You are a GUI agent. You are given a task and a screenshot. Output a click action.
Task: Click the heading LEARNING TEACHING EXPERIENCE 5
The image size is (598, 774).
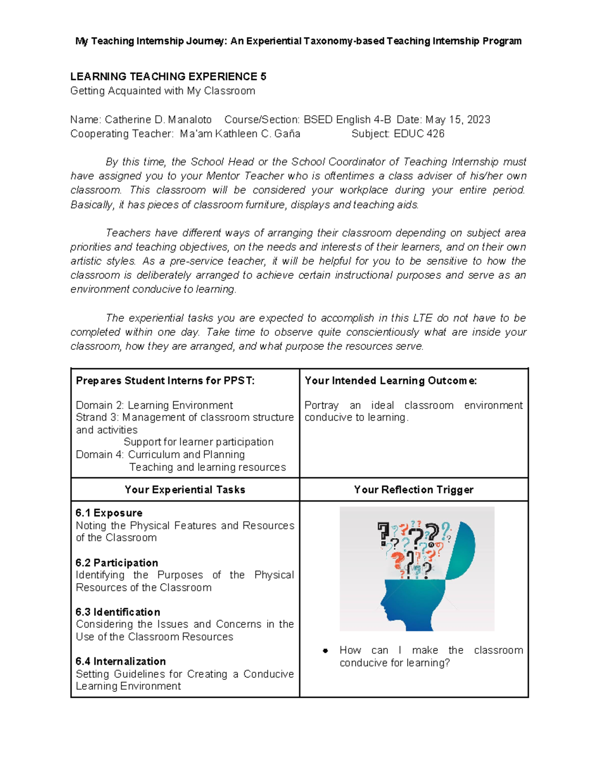click(168, 77)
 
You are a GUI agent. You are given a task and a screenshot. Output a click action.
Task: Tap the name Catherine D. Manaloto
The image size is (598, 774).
click(158, 120)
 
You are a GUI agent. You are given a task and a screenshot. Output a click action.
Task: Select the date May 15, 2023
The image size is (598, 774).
click(457, 120)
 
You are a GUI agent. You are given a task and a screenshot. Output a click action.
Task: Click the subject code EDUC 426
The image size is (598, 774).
click(419, 134)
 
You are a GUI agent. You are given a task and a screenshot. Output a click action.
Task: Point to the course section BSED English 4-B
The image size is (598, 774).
click(347, 120)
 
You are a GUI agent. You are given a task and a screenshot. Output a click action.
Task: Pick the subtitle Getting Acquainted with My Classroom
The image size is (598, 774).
click(162, 91)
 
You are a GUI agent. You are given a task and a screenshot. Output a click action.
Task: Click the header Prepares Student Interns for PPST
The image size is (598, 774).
click(165, 381)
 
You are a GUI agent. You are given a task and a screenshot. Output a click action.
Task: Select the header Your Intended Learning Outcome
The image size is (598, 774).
click(390, 381)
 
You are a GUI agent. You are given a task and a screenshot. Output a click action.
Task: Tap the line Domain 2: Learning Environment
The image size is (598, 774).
click(154, 405)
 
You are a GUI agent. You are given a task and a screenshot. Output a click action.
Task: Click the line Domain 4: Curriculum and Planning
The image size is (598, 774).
click(160, 455)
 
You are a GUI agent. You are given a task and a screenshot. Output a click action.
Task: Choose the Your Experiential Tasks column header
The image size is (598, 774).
click(185, 489)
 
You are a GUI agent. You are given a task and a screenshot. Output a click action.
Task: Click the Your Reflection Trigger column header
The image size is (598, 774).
click(413, 489)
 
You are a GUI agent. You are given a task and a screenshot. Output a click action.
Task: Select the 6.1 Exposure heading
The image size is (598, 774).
click(109, 513)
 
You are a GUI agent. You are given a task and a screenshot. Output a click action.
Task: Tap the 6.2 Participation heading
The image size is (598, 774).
click(117, 563)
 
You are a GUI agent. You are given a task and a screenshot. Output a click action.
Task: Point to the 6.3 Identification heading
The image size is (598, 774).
click(118, 612)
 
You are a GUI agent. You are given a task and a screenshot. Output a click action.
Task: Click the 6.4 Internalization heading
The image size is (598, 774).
click(121, 661)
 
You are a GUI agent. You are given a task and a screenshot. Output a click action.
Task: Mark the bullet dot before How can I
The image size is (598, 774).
click(325, 650)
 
